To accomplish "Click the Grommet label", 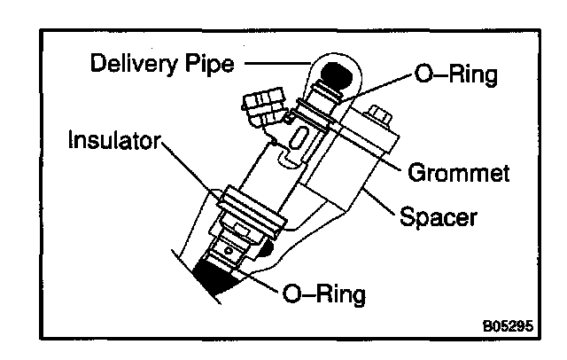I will pyautogui.click(x=460, y=172).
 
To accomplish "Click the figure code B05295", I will pyautogui.click(x=508, y=325).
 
